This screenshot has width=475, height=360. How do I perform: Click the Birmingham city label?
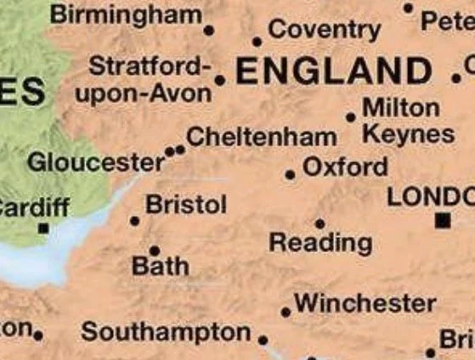pos(126,14)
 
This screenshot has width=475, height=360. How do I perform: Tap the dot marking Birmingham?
pos(209,31)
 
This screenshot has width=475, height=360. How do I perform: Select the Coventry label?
pos(324,30)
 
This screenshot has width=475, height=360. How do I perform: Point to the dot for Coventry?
pos(257,41)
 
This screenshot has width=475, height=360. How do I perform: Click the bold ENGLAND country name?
pos(334,70)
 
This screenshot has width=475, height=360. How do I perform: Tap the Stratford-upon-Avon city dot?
pos(220,81)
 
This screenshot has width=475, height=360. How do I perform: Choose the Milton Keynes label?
pos(407,121)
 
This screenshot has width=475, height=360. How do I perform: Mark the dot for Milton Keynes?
pos(351,117)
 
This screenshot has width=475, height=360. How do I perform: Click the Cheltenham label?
pos(261,137)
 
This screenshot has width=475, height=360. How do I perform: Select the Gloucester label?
pos(96,161)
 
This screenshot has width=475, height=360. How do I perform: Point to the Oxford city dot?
pos(291,175)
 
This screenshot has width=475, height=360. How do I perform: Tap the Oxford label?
pos(344,166)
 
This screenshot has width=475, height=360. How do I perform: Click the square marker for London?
pos(442,221)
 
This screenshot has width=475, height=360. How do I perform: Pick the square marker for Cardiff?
pos(42,228)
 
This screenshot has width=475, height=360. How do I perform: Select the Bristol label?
pos(186,205)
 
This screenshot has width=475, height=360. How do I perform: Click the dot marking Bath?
pos(154,250)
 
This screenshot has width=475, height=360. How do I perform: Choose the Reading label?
pos(320,243)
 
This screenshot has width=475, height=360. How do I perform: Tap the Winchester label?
pos(365,302)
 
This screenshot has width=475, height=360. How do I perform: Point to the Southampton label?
pos(167,332)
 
